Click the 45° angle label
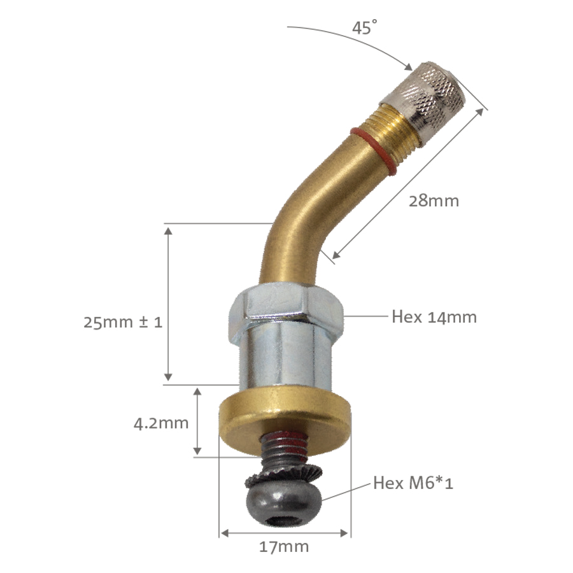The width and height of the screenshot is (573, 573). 365,29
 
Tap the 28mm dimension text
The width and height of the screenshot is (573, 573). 434,201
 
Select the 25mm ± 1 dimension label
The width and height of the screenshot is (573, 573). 123,322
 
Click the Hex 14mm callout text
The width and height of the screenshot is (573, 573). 434,316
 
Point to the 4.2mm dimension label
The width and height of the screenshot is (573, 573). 161,422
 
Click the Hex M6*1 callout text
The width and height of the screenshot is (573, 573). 413,483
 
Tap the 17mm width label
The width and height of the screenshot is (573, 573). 285,546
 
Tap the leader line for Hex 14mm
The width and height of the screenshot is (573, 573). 365,315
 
